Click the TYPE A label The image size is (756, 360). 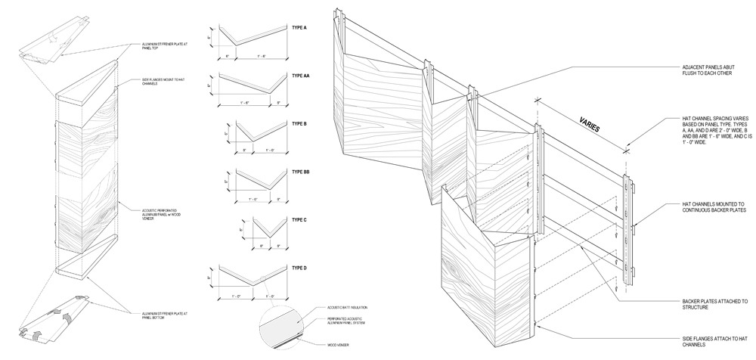[299, 27]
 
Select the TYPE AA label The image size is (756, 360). [300, 76]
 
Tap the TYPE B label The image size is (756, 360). [299, 124]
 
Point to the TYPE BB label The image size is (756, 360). [301, 172]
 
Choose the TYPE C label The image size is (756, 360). [299, 220]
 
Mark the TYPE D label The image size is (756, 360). [299, 268]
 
